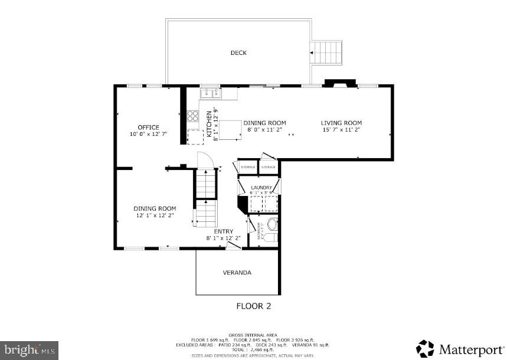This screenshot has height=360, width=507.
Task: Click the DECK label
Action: (238, 53)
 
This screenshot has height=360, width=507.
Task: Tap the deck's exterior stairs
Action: (328, 53)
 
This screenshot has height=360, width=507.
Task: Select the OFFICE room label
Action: (148, 127)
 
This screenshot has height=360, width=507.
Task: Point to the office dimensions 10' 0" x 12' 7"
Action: (148, 135)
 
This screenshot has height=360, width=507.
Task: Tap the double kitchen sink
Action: (210, 93)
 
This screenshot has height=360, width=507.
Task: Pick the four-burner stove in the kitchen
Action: (192, 116)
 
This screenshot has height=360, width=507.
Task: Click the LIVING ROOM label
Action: (341, 123)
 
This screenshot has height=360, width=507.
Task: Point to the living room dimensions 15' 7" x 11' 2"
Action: (341, 130)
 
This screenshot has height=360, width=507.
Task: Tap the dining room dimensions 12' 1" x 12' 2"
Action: (155, 215)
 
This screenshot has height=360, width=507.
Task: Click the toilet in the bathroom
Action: (272, 225)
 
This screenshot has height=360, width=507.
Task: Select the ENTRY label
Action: (223, 231)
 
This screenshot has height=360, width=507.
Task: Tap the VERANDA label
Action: (237, 273)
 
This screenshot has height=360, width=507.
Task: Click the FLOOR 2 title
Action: (253, 306)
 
